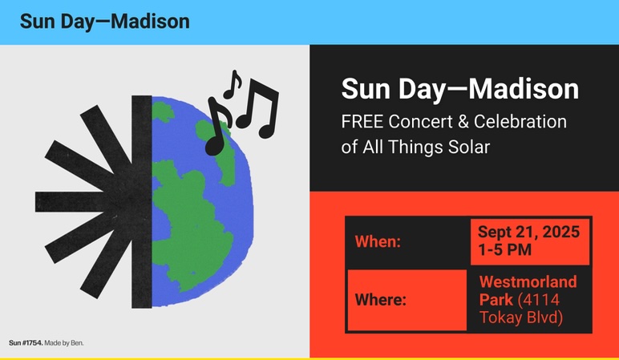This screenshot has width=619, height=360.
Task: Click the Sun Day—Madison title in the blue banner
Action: click(104, 22)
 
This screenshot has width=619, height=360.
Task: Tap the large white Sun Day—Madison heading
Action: click(460, 89)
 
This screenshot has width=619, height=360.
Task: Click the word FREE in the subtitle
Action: click(362, 122)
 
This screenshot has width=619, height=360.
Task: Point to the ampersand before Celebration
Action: click(463, 122)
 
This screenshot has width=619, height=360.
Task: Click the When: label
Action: click(378, 241)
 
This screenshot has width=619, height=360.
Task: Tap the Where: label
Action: click(381, 300)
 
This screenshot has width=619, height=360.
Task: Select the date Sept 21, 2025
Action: click(528, 232)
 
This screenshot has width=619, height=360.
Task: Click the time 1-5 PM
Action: click(504, 250)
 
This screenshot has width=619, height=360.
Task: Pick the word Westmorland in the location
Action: click(528, 282)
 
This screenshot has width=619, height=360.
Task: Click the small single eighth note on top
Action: click(233, 84)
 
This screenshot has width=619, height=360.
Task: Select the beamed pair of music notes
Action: click(257, 108)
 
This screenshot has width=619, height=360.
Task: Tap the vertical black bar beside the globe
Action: click(142, 202)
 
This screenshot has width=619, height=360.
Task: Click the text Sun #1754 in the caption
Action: click(26, 342)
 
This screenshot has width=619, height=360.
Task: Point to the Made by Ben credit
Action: click(64, 342)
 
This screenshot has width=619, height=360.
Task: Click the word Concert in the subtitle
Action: click(421, 122)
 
